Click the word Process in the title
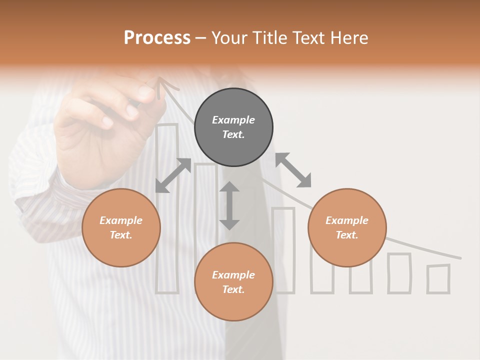click(157, 38)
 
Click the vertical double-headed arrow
click(229, 206)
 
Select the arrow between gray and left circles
click(173, 175)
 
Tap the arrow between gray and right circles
click(293, 170)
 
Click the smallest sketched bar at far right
click(438, 278)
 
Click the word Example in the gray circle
click(233, 120)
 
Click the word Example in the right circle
click(347, 220)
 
